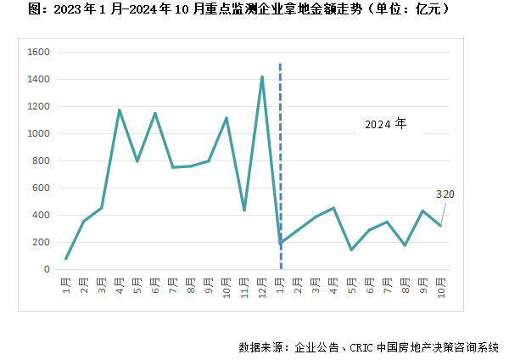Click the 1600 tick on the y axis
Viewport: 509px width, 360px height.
pos(40,52)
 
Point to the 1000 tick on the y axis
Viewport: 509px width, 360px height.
pos(40,133)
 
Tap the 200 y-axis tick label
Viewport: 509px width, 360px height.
pos(42,242)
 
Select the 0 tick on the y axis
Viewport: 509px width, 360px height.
pos(48,269)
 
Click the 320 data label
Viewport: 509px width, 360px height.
pos(445,194)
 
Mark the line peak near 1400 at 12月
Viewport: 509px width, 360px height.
pos(261,77)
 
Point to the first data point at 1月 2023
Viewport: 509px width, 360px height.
pos(66,258)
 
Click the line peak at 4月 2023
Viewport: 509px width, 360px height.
pos(120,110)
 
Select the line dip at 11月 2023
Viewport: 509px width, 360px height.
pos(244,210)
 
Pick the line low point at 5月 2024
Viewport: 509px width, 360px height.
pos(351,250)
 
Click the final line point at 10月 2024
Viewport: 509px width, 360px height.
pos(440,225)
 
